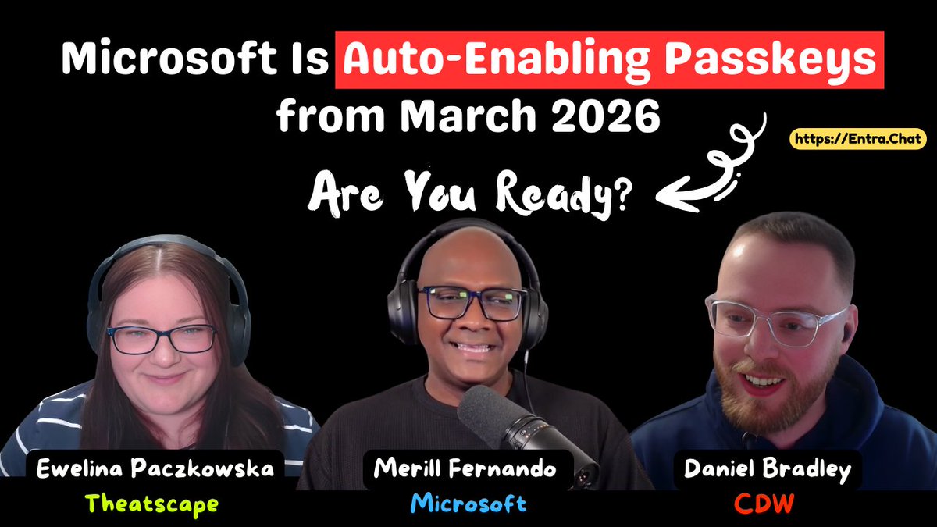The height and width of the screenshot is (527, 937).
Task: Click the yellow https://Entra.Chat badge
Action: tap(857, 139)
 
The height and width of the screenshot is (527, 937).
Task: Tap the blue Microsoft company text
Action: tap(468, 504)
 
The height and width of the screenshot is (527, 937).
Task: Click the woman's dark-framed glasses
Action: tap(162, 338)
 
